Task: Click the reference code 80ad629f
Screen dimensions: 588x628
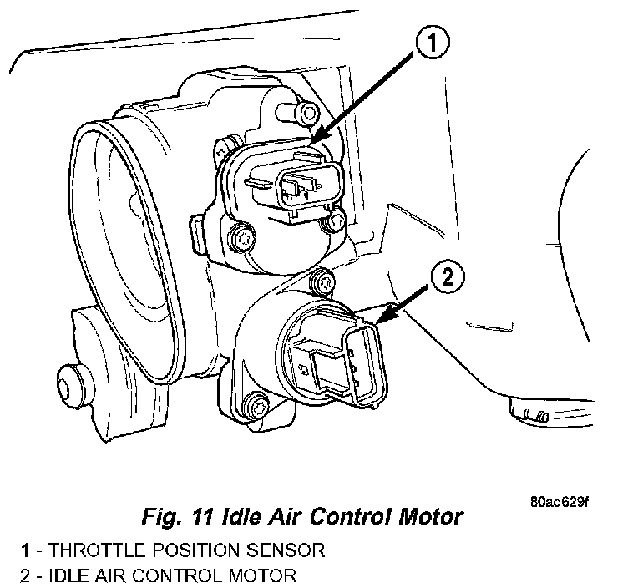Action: click(559, 504)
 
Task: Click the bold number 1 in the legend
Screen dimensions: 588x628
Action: click(27, 551)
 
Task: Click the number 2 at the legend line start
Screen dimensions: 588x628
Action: click(27, 575)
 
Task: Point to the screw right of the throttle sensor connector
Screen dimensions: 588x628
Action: click(336, 220)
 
